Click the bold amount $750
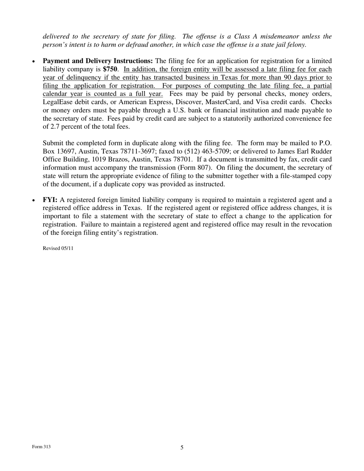(x=110, y=69)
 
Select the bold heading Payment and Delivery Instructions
(x=98, y=61)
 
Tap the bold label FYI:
(x=50, y=200)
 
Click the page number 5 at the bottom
(x=182, y=447)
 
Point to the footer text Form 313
(x=41, y=446)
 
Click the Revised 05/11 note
(x=58, y=248)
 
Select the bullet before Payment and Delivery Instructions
(x=34, y=62)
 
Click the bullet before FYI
(x=34, y=201)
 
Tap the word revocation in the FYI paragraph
(x=315, y=224)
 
